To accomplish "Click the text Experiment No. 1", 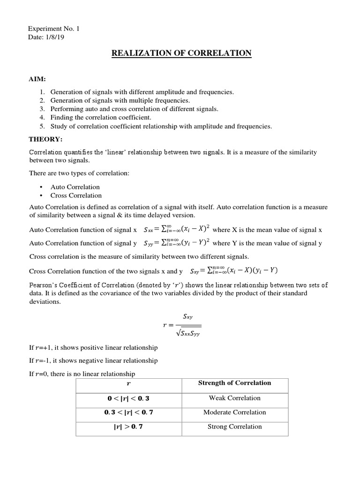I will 54,29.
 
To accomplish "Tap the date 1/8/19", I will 56,37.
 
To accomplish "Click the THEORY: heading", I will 45,139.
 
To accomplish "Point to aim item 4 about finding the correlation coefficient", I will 101,118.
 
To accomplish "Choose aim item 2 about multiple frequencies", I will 113,101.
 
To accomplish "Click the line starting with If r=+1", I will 93,347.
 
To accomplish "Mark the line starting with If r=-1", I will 93,360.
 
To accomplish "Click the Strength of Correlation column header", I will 234,383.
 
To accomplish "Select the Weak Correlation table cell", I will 234,398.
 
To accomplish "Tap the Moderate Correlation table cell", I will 234,412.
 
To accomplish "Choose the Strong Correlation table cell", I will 234,427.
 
